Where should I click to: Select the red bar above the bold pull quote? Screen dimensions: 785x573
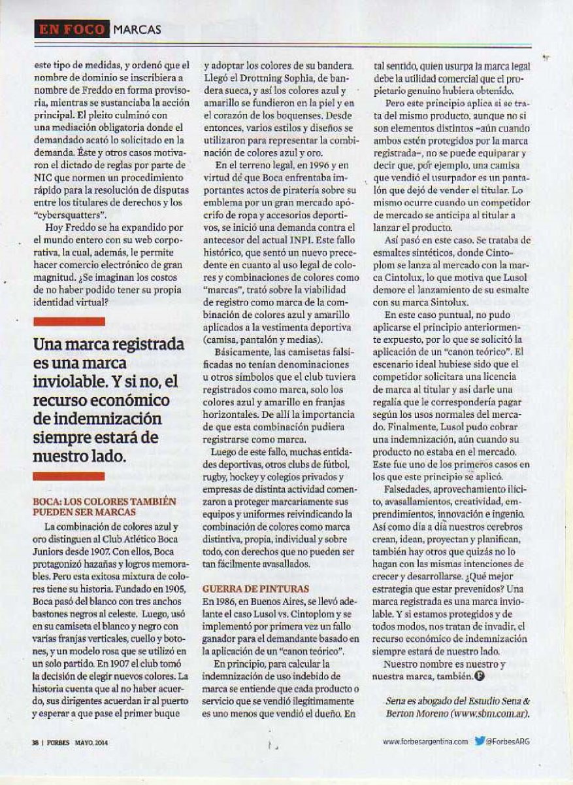pyautogui.click(x=69, y=321)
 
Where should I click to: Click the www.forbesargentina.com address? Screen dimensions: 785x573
pyautogui.click(x=425, y=741)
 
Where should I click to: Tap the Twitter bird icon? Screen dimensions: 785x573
pyautogui.click(x=480, y=741)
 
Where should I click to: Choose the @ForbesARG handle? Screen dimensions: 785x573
pyautogui.click(x=508, y=741)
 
